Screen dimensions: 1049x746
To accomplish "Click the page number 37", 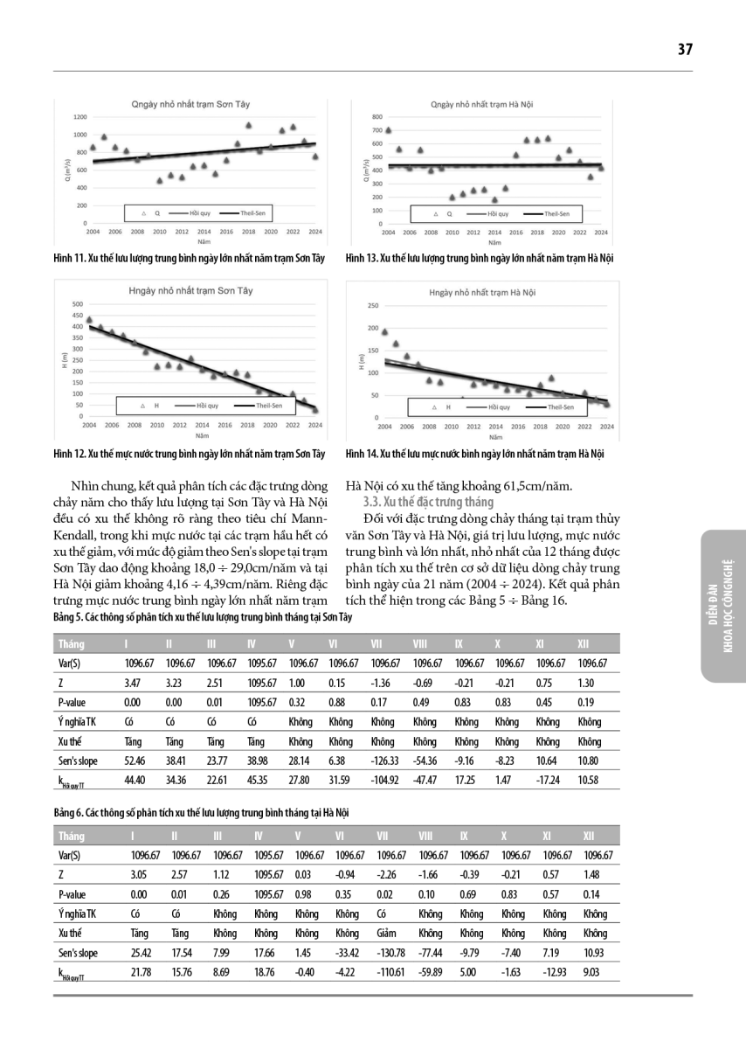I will pyautogui.click(x=684, y=50).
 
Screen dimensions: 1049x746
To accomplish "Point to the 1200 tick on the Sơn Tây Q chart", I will pyautogui.click(x=80, y=116).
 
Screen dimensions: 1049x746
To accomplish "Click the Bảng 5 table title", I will pyautogui.click(x=203, y=617).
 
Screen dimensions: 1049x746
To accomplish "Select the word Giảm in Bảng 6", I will pyautogui.click(x=384, y=932).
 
